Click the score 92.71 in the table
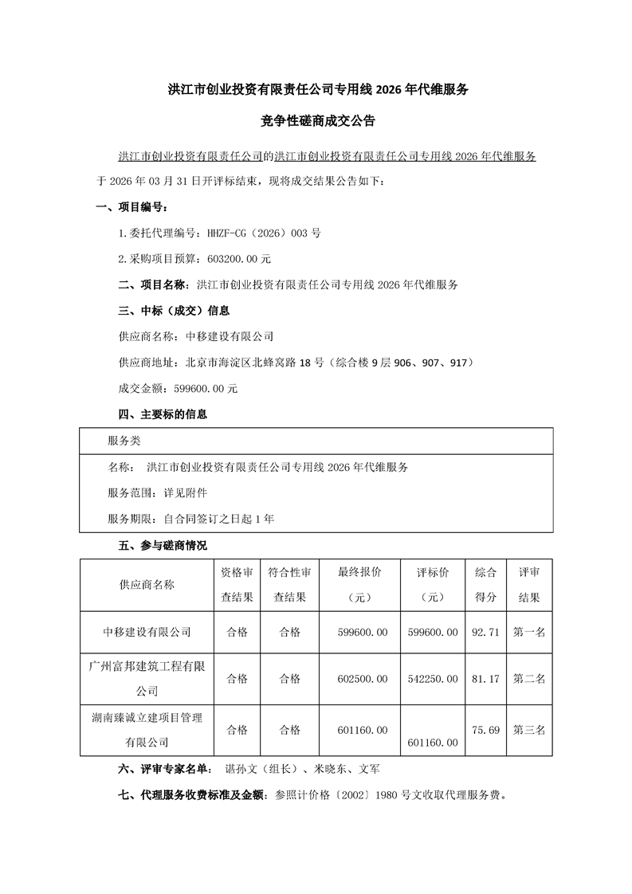click(485, 632)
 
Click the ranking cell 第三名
click(529, 730)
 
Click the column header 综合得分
click(485, 585)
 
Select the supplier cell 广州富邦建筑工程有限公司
click(147, 678)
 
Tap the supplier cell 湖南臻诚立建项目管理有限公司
click(147, 730)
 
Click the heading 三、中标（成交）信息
click(163, 311)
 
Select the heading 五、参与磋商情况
click(151, 546)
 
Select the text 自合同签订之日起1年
click(219, 518)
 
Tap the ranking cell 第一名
click(529, 632)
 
